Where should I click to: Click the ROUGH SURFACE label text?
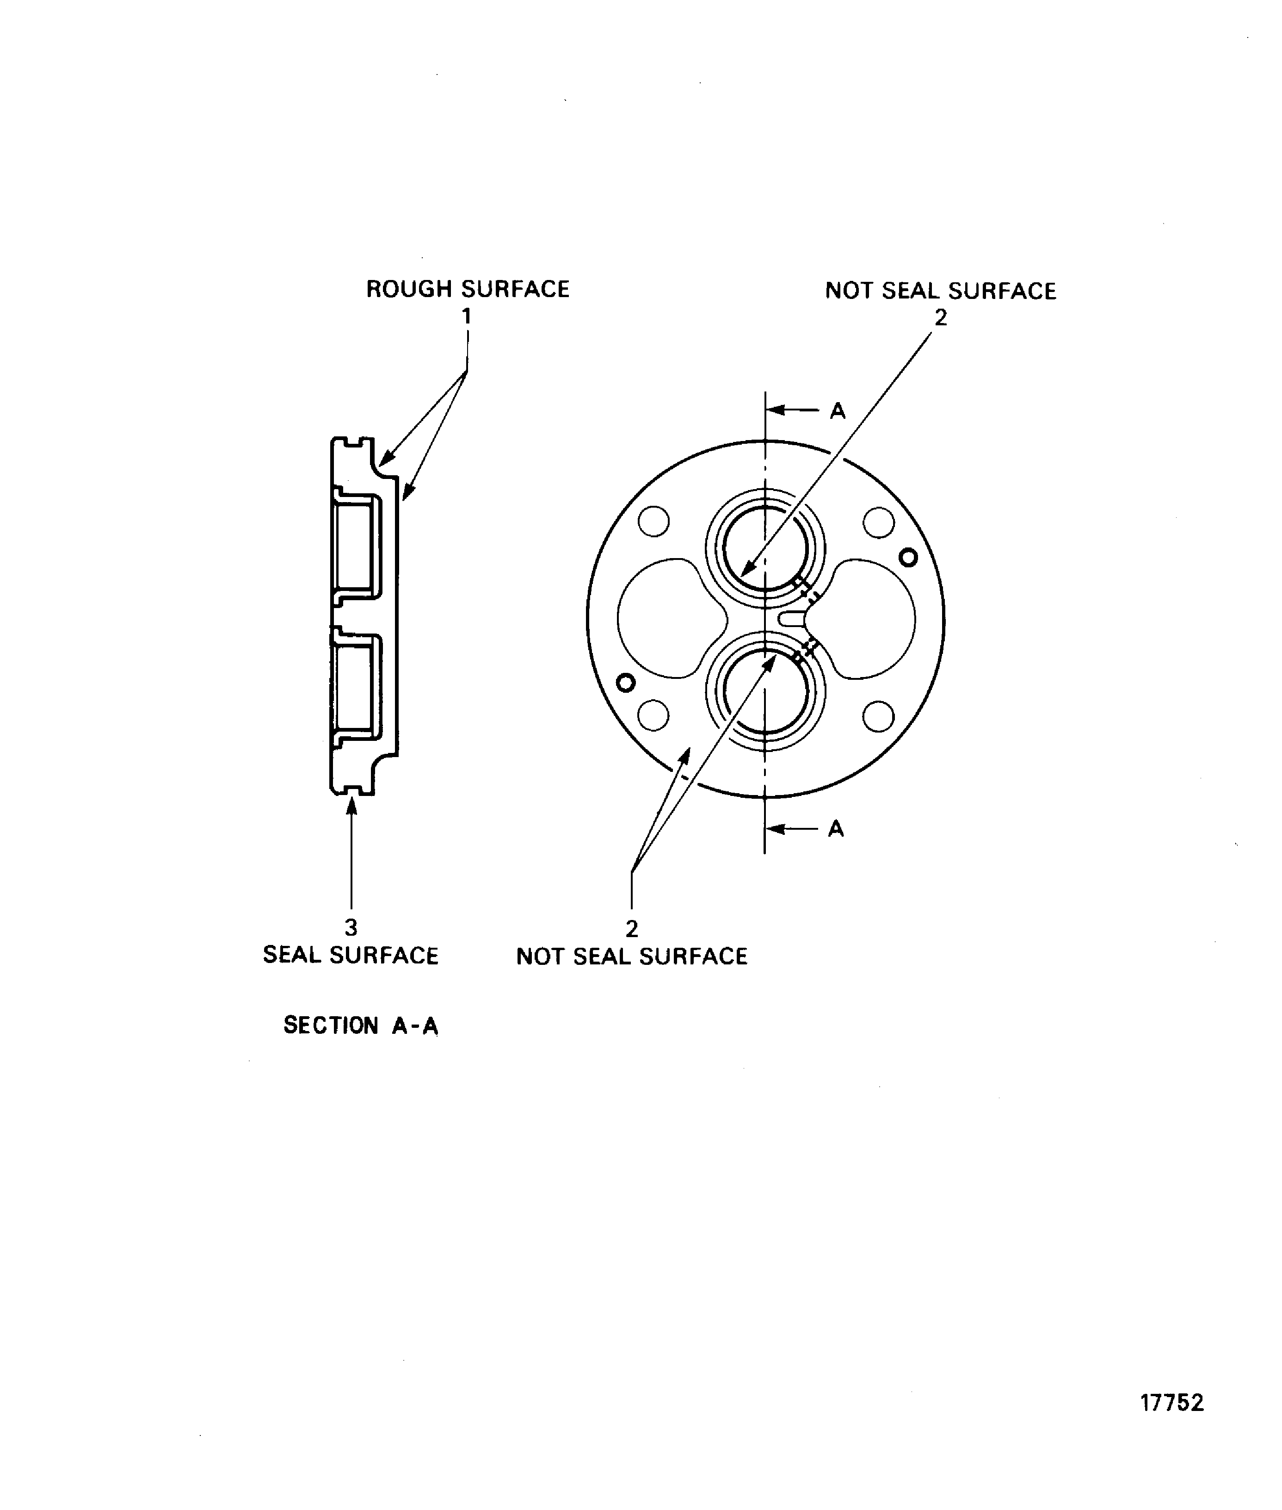tap(467, 289)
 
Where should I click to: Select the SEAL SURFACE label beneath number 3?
tap(350, 955)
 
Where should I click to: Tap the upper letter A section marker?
tap(838, 411)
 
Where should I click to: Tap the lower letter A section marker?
tap(836, 829)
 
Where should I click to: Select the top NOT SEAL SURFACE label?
tap(940, 291)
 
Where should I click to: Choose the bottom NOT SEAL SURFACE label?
tap(632, 956)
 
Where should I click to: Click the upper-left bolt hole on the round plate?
tap(653, 521)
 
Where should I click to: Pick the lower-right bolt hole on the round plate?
tap(878, 717)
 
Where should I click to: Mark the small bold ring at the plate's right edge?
tap(908, 558)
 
